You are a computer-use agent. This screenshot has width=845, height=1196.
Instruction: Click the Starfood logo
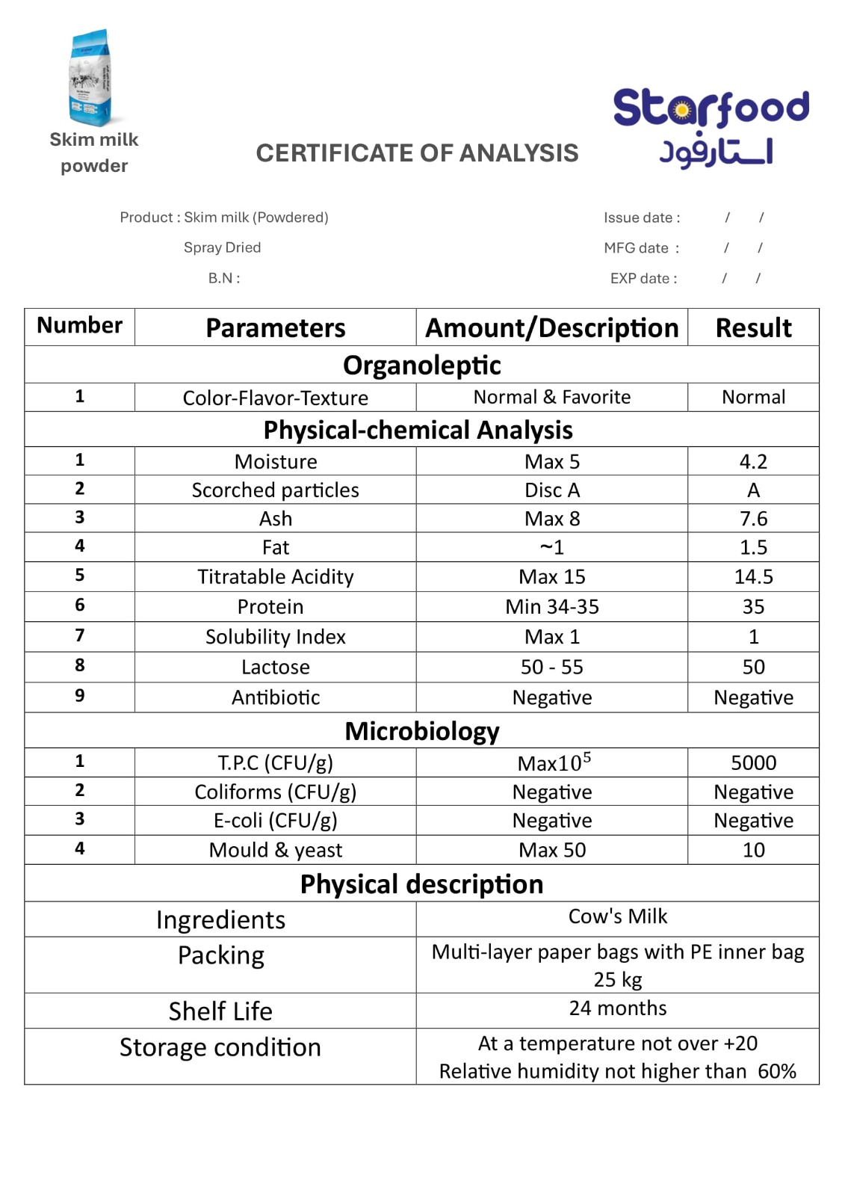point(711,128)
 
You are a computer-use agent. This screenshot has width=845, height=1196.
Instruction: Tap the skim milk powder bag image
point(90,78)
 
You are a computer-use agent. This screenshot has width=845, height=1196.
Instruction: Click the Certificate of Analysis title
point(417,153)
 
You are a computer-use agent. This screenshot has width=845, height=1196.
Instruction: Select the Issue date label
point(642,218)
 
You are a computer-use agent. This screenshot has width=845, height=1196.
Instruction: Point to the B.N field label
point(224,278)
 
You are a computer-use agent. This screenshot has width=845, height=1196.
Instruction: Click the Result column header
point(753,327)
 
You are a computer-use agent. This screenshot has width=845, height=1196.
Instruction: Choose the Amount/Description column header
point(551,327)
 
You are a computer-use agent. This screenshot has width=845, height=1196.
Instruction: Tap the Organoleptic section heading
point(422,365)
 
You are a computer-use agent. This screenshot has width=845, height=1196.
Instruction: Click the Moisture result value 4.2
point(753,461)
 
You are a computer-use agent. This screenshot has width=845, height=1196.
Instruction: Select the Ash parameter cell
point(276,519)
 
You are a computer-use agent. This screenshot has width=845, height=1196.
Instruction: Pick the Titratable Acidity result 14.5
point(753,576)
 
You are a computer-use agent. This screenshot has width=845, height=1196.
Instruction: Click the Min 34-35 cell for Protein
point(551,606)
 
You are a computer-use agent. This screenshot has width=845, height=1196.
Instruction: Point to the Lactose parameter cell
point(276,667)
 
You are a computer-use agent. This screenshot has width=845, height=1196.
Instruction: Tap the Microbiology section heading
point(422,730)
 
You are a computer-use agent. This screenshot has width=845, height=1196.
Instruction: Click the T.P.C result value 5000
point(753,762)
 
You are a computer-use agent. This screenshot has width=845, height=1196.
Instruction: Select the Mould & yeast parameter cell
point(276,850)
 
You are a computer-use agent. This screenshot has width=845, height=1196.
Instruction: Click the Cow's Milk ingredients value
point(617,916)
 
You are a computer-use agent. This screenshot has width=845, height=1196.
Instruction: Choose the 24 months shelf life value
point(617,1008)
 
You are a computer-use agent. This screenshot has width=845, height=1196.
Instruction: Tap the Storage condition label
point(220,1047)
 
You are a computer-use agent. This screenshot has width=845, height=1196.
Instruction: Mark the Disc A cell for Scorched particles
point(551,490)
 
